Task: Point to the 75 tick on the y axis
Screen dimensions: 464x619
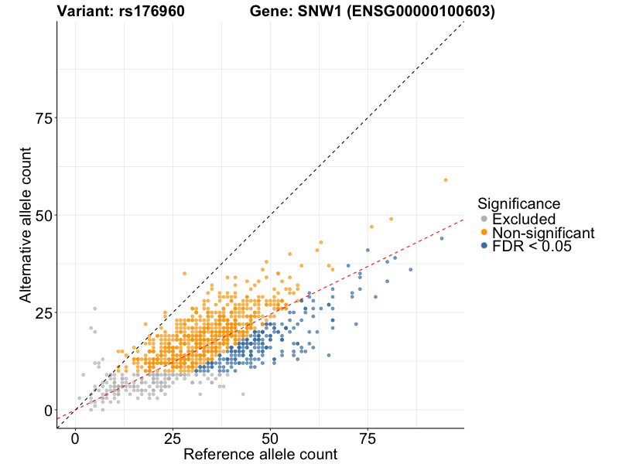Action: (42, 118)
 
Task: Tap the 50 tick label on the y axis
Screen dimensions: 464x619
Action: (42, 215)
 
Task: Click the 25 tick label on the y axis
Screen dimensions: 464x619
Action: (42, 312)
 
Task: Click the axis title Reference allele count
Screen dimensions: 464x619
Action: (260, 455)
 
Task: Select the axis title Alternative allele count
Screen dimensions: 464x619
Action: (26, 225)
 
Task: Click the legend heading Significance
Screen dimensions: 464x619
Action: (518, 204)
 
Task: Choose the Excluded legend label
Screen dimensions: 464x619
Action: (524, 219)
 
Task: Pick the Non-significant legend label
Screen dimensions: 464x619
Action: (543, 233)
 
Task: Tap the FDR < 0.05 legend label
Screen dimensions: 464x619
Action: (532, 246)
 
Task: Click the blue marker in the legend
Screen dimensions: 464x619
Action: (484, 246)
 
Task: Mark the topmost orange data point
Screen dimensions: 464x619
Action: (446, 179)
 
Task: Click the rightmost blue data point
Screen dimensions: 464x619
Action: (442, 238)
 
